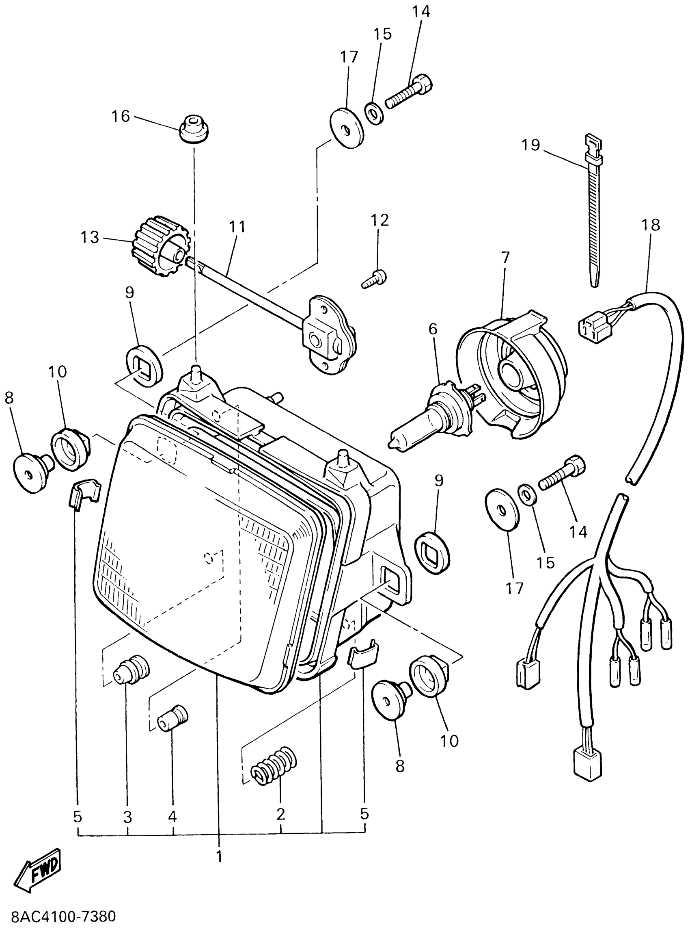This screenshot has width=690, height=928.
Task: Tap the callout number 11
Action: tap(237, 227)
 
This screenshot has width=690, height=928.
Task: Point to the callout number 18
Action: tap(651, 225)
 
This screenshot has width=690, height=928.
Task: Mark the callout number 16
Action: tap(121, 116)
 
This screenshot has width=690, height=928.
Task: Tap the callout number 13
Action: tap(90, 237)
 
